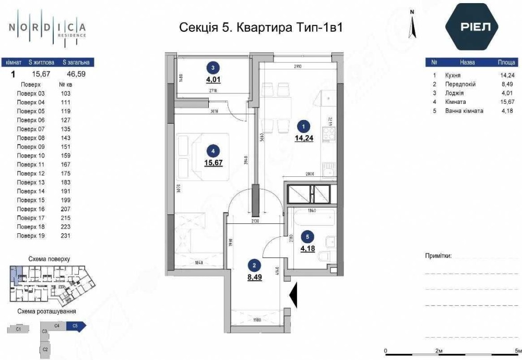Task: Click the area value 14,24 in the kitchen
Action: click(303, 138)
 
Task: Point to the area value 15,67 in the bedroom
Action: click(213, 162)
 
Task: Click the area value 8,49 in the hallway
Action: click(254, 277)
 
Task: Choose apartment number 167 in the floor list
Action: click(65, 164)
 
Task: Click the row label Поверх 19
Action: click(31, 236)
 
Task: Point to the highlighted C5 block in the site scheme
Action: click(77, 326)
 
